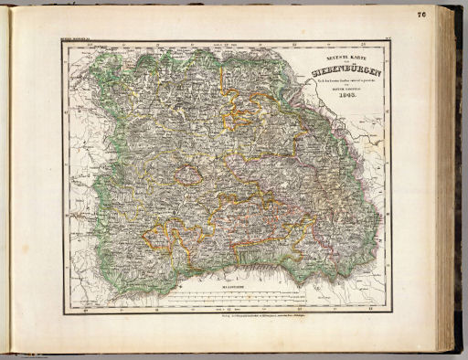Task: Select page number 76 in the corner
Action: [446, 13]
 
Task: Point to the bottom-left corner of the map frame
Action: [63, 313]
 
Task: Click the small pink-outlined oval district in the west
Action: [190, 175]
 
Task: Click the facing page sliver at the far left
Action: [4, 183]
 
